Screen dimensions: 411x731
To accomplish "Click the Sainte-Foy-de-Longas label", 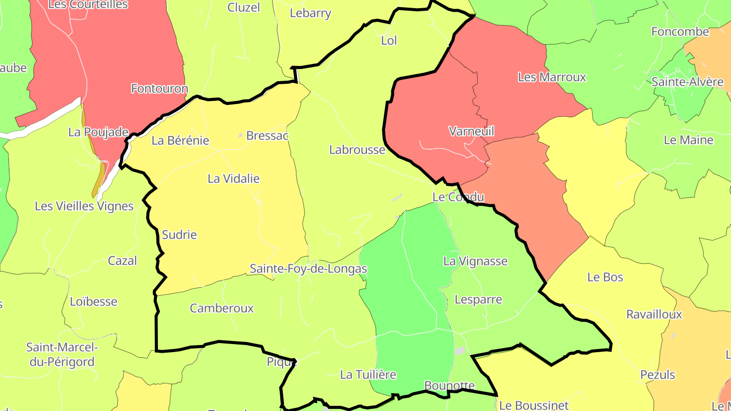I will [308, 268].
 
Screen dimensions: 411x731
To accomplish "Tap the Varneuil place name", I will [471, 131].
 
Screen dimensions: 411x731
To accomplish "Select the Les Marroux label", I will [552, 77].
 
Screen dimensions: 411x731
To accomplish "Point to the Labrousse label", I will [357, 150].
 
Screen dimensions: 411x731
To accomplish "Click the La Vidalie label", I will [234, 179].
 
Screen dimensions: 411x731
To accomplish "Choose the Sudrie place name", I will [179, 235].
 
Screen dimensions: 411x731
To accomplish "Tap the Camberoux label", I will [221, 308].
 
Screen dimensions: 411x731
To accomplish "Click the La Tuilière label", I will [368, 375].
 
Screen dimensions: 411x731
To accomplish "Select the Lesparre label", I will [478, 299].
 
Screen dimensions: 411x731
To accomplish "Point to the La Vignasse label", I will [475, 261].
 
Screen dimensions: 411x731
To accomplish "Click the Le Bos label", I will [605, 277].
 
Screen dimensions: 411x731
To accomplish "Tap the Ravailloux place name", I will [654, 315].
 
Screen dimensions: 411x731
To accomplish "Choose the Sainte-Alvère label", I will [687, 82].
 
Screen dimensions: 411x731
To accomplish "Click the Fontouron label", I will [159, 89].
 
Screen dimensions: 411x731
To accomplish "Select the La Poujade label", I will [98, 132].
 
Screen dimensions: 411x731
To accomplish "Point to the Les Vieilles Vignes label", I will [84, 206].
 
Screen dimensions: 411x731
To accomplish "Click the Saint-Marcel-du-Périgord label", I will [60, 355].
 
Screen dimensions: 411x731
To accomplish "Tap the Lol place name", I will [389, 41].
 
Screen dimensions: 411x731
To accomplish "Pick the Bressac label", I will [267, 136].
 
